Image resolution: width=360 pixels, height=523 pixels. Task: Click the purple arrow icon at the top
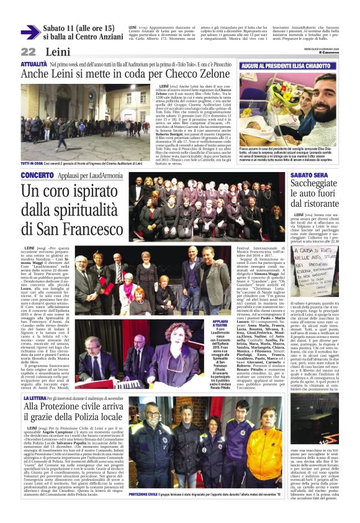(30, 31)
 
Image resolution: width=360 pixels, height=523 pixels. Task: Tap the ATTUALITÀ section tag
(34, 64)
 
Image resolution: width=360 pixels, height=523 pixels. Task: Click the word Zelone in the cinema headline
(213, 74)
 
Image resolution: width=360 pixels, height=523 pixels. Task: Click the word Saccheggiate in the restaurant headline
(322, 188)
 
